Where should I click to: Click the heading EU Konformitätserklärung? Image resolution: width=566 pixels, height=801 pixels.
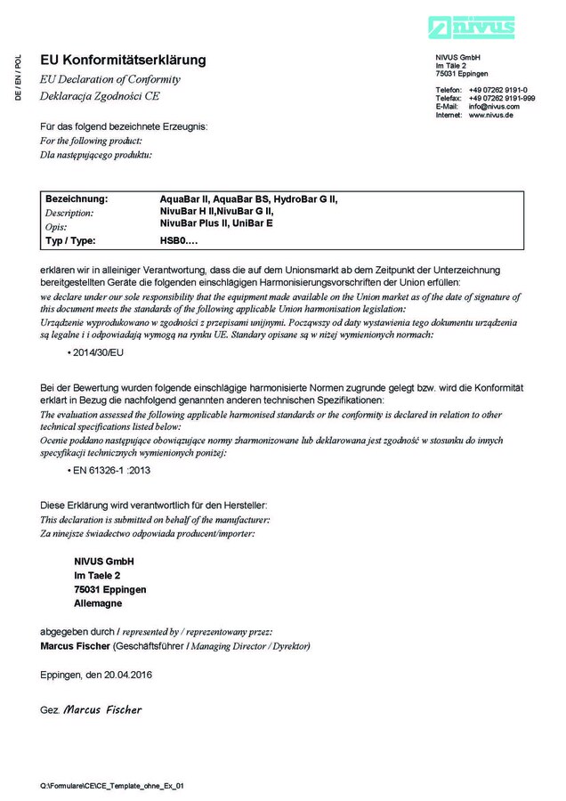tap(123, 61)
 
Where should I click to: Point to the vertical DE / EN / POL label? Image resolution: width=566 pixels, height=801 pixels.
tap(19, 77)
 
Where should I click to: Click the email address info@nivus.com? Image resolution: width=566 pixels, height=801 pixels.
tap(494, 107)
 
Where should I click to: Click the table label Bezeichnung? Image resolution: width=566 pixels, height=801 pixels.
tap(77, 198)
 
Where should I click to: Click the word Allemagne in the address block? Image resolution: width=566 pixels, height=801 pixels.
tap(100, 603)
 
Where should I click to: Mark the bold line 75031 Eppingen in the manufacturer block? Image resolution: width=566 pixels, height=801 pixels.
tap(110, 589)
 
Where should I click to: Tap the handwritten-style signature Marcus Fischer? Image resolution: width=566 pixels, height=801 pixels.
tap(102, 710)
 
